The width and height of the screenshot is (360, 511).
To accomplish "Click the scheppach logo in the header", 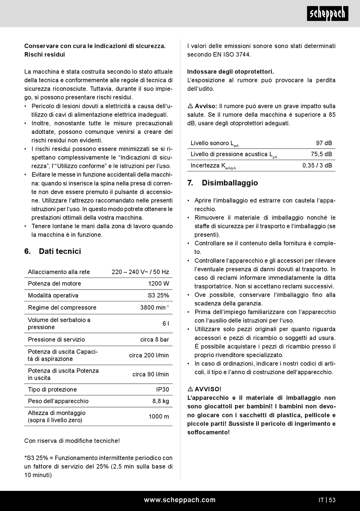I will tap(327, 14).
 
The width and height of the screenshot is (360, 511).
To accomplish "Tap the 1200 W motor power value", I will tap(158, 284).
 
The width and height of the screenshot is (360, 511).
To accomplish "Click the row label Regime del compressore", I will tap(62, 307).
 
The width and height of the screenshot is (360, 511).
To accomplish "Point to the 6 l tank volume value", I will tap(166, 323).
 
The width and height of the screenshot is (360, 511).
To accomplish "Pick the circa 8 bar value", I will tap(155, 339).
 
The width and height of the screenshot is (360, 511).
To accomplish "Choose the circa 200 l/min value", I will tap(149, 355).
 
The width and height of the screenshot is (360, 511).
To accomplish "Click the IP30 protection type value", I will tap(163, 389).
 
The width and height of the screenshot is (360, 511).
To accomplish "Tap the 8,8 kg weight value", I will tap(161, 401).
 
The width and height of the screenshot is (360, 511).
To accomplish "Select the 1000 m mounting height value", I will tap(159, 416).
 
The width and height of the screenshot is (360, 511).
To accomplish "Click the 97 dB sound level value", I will tap(324, 143).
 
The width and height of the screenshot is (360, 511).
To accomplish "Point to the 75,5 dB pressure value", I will tap(321, 154).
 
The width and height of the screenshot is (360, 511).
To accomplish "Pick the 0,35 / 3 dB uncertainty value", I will tap(317, 165).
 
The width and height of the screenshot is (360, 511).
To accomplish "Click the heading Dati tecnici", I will tap(59, 251).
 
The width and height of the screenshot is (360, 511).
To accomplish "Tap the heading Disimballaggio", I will tap(230, 183).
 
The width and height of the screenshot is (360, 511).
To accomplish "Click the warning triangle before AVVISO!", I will tap(190, 389).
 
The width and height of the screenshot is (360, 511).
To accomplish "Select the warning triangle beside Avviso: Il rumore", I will tap(190, 106).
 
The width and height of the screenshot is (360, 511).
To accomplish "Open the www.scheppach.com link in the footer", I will tap(180, 500).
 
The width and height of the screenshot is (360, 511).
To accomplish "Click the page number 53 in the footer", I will tap(332, 500).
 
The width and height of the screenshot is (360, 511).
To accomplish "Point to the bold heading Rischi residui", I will tap(45, 55).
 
